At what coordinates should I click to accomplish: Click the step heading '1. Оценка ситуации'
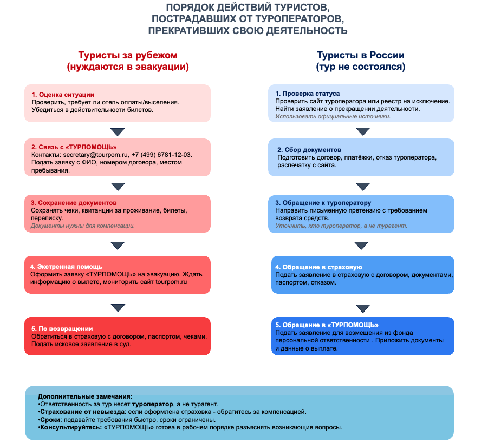[x=63, y=94]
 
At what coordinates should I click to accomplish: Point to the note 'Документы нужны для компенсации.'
[x=83, y=226]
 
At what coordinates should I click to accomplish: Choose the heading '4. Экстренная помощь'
[x=66, y=267]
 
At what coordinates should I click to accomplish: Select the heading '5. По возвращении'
[x=62, y=328]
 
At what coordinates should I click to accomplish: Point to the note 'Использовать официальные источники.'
[x=333, y=116]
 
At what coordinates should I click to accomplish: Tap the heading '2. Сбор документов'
[x=309, y=149]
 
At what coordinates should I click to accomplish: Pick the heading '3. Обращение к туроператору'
[x=323, y=203]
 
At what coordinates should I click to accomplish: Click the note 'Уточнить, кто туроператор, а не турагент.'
[x=341, y=226]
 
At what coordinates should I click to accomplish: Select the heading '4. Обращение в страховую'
[x=318, y=267]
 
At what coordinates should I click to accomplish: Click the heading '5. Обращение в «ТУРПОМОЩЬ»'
[x=327, y=325]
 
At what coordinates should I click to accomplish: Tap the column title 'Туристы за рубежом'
[x=128, y=55]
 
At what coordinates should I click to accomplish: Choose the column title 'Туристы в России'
[x=360, y=55]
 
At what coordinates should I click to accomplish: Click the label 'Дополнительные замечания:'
[x=85, y=396]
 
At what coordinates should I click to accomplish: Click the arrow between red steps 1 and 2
[x=118, y=131]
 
